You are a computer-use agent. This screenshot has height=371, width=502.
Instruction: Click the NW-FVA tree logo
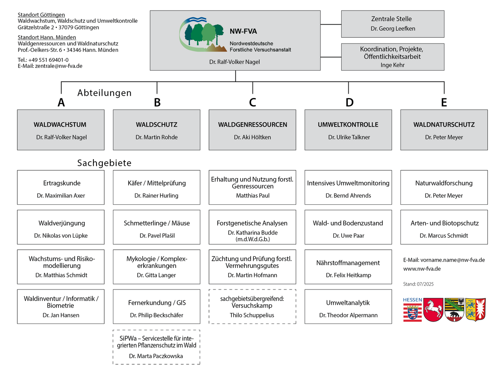click(x=202, y=35)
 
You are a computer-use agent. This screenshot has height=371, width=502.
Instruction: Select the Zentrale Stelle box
click(x=393, y=24)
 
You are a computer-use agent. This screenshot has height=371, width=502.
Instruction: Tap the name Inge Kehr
click(x=393, y=65)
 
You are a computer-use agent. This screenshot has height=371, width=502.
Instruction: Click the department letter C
click(x=253, y=102)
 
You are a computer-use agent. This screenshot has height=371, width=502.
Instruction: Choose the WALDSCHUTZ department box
click(x=156, y=129)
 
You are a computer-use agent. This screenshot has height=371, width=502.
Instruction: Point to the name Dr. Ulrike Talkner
click(x=349, y=137)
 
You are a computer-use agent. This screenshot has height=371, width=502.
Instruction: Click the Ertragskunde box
click(x=61, y=187)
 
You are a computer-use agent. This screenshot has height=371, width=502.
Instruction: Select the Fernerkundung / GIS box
click(x=156, y=307)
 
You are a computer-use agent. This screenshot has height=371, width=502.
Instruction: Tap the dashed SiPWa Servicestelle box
click(x=156, y=347)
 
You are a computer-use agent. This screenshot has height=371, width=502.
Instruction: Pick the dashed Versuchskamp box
click(x=252, y=307)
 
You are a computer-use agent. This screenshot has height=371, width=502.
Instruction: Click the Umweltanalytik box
click(x=348, y=307)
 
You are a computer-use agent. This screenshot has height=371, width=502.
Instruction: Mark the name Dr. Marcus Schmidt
click(x=444, y=236)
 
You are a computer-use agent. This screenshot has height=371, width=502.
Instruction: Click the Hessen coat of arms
click(x=413, y=310)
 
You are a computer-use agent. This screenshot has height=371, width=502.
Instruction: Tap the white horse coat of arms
click(x=433, y=310)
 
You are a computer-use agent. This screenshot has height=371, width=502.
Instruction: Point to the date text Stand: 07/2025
click(x=418, y=284)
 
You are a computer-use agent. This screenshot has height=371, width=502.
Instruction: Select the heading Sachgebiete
click(x=104, y=163)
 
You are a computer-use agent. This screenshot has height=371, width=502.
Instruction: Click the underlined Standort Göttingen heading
click(x=41, y=15)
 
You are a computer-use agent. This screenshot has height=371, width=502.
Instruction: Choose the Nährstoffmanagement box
click(x=348, y=267)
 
